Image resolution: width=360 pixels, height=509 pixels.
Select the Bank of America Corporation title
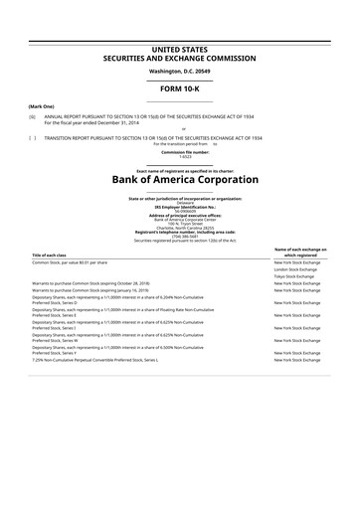coord(180,181)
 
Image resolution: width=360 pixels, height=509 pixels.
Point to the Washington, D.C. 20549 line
coord(180,72)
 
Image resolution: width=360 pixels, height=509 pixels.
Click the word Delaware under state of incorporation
coord(180,202)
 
